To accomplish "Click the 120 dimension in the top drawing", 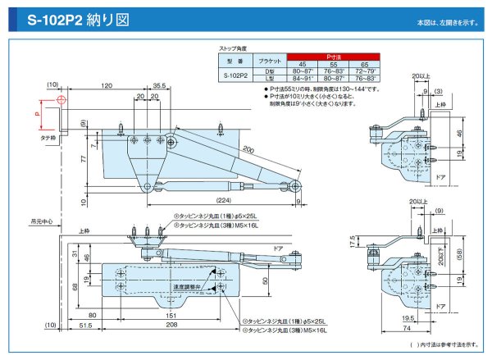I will [x=107, y=85].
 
